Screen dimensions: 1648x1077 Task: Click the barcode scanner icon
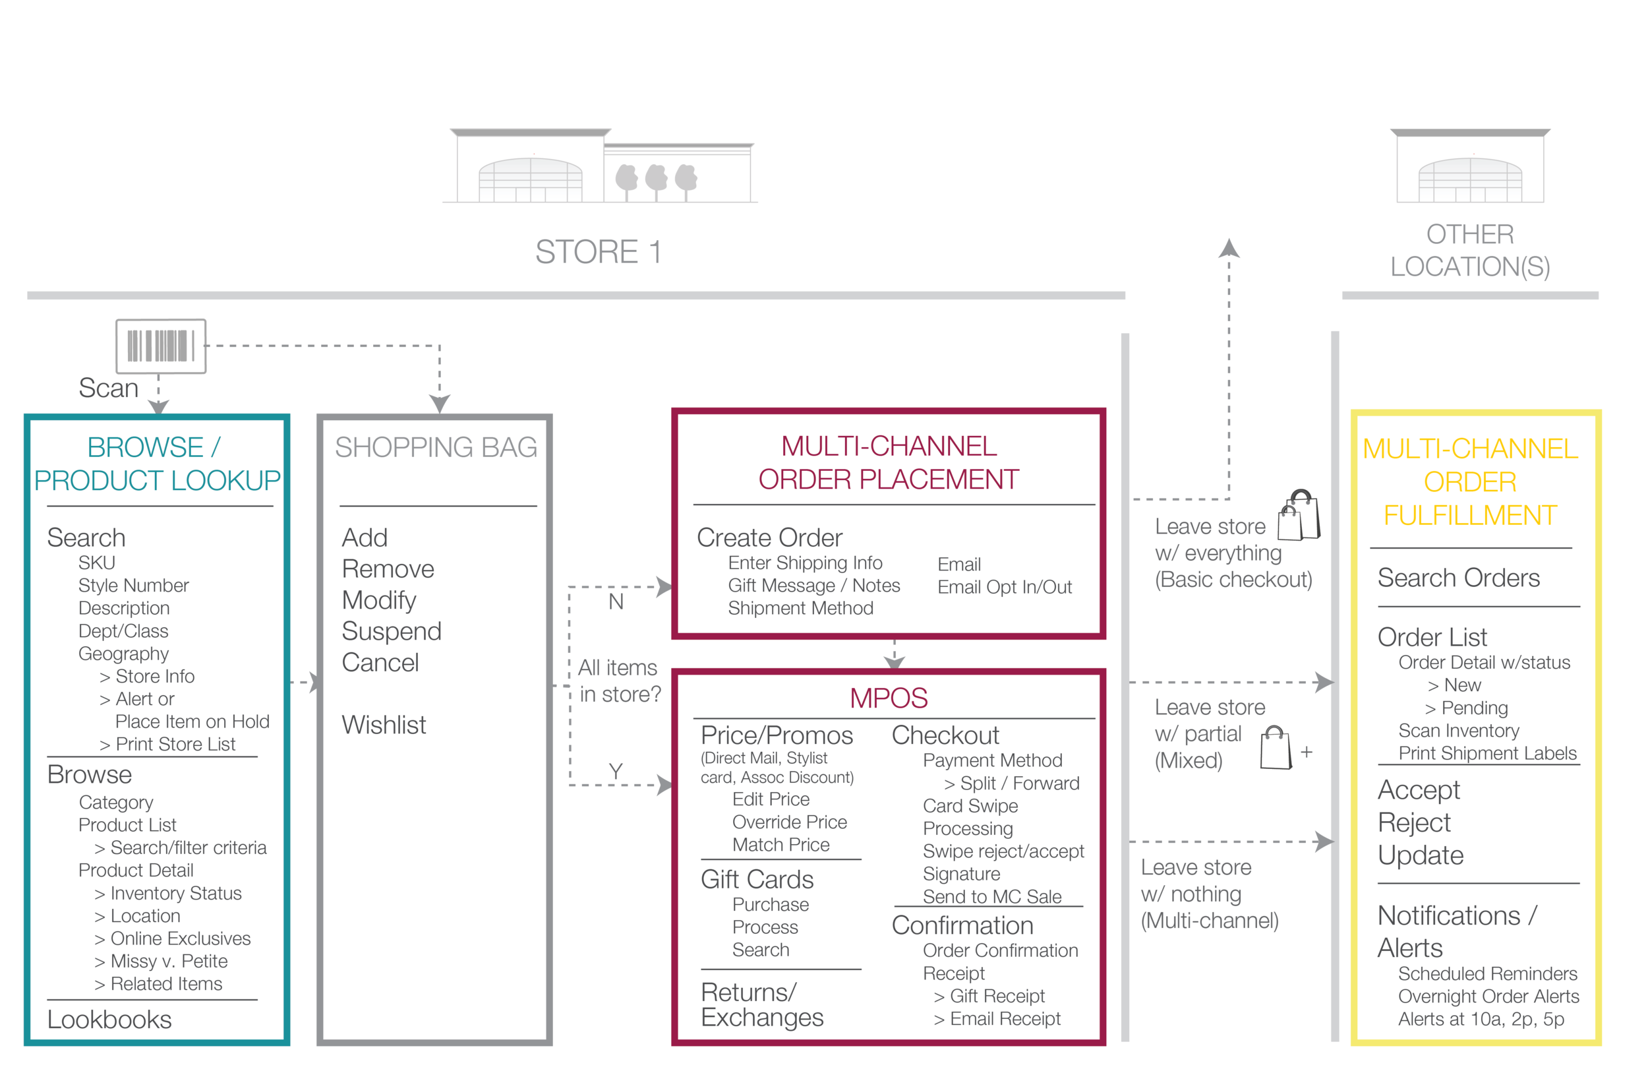tap(161, 346)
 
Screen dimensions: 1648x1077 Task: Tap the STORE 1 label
tap(598, 252)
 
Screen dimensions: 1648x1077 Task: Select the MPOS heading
tap(889, 698)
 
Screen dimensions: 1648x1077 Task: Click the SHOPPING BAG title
tap(436, 447)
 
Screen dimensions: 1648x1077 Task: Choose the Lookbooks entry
tap(109, 1020)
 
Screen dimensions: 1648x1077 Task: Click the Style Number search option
tap(133, 586)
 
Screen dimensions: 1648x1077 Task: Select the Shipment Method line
tap(800, 608)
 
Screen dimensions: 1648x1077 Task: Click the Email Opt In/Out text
tap(1004, 588)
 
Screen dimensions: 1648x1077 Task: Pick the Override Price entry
tap(789, 822)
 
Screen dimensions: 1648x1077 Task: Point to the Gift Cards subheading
tap(757, 880)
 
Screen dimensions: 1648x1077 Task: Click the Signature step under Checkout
tap(961, 874)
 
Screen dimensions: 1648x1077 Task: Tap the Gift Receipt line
tap(997, 996)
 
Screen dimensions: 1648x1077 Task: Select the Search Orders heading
tap(1458, 578)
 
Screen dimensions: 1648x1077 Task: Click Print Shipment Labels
tap(1486, 754)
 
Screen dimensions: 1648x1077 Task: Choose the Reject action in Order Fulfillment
tap(1413, 823)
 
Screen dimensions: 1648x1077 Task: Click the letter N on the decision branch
tap(616, 602)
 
